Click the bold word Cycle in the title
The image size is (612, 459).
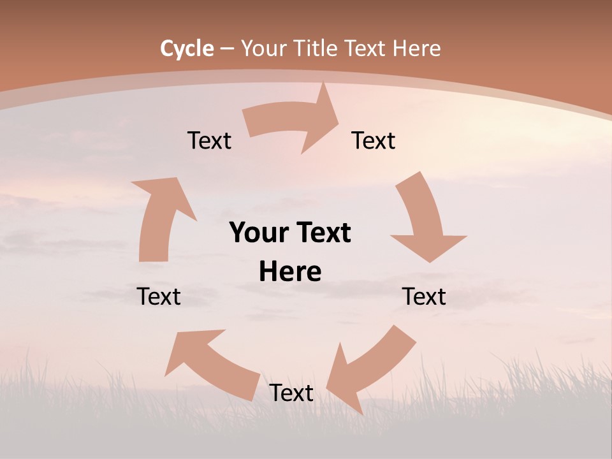click(x=187, y=48)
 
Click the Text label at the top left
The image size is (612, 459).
click(x=209, y=140)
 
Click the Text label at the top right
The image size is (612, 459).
click(x=374, y=140)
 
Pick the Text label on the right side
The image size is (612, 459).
click(x=424, y=296)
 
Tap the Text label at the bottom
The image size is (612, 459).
click(x=291, y=393)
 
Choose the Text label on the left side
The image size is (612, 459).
click(x=159, y=296)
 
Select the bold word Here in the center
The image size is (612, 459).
click(x=290, y=272)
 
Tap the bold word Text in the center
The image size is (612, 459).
click(x=322, y=233)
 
